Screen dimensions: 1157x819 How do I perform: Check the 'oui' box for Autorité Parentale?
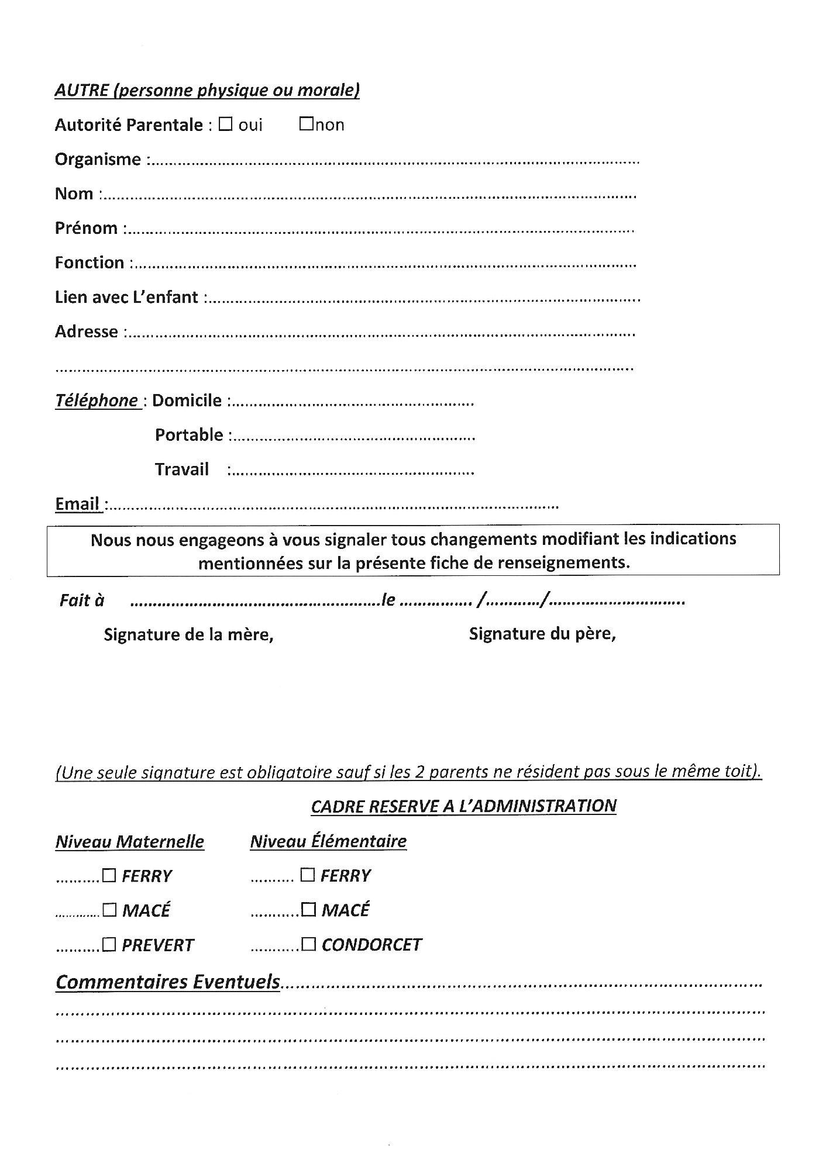coord(225,125)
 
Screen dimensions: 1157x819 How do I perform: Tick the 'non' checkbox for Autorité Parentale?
coord(306,125)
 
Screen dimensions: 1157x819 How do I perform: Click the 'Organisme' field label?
coord(98,159)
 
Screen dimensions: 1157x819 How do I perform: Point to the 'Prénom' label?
coord(86,228)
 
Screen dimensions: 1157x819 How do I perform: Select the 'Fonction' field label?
coord(90,263)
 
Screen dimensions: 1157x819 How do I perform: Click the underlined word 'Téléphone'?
coord(97,400)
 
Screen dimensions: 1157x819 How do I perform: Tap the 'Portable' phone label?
coord(189,435)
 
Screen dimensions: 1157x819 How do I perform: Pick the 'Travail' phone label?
coord(181,469)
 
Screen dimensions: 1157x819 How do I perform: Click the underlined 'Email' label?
coord(77,504)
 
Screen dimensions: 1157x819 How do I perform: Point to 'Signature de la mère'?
coord(188,634)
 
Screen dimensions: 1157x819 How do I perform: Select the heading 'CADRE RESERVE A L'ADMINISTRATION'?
coord(463,806)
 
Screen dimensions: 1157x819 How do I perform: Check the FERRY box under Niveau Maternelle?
coord(109,875)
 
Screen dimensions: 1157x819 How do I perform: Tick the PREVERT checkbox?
coord(109,945)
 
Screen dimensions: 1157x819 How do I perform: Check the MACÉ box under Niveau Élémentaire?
coord(308,910)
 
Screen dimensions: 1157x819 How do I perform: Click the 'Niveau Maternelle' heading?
coord(130,841)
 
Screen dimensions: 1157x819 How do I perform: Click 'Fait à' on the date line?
coord(82,600)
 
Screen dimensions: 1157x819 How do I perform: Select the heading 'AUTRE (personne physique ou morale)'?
coord(207,90)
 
